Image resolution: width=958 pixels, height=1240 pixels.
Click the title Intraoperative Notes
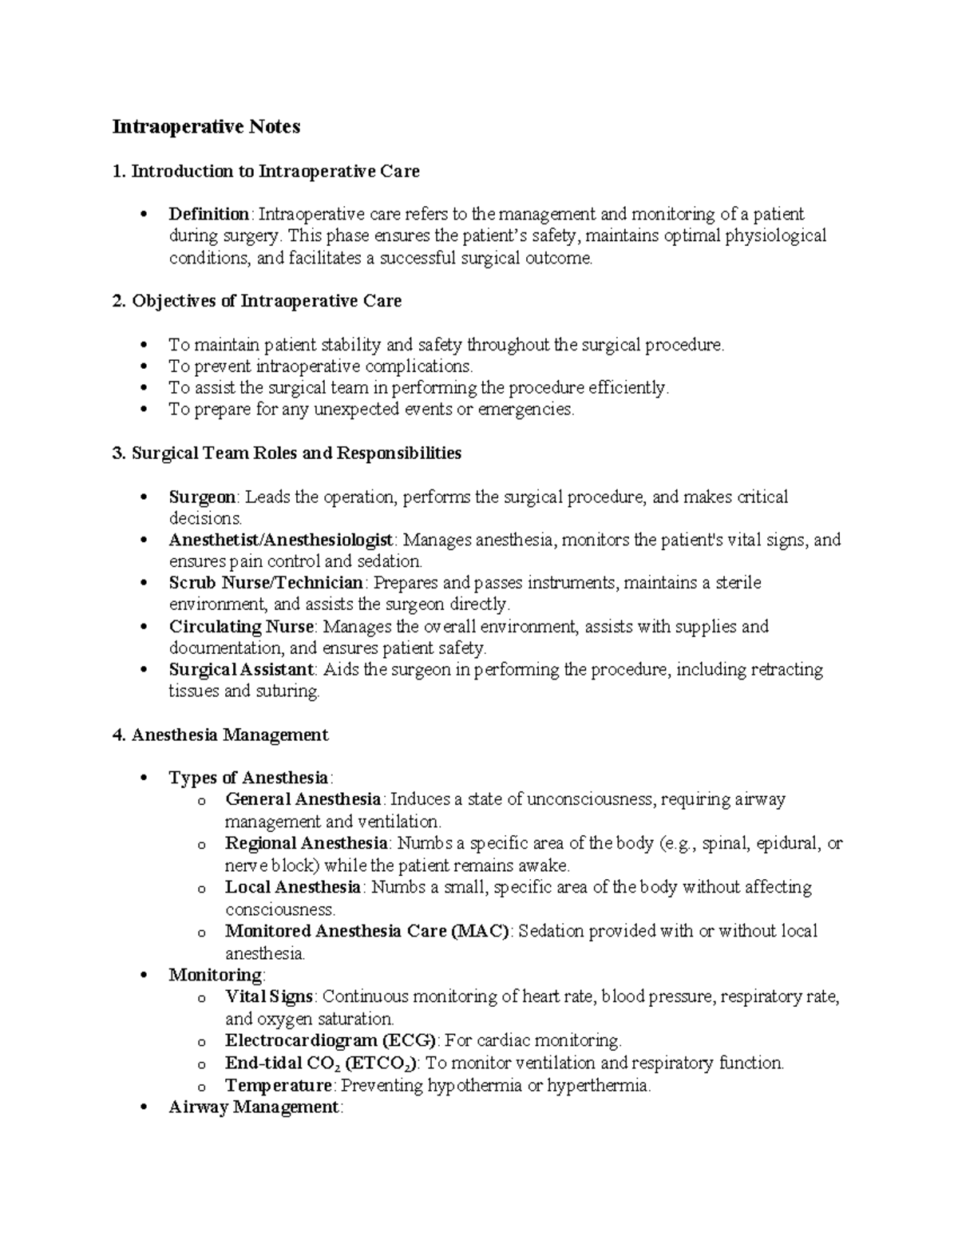point(206,127)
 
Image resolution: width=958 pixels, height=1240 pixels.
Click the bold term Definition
point(208,214)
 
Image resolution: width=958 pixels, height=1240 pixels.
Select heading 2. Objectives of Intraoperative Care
point(257,301)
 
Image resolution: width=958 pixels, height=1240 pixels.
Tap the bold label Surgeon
point(202,497)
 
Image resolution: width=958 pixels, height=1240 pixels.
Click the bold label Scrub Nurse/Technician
point(266,583)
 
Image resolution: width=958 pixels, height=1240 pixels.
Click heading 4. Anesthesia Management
point(220,735)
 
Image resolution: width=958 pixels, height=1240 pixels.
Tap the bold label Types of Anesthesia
point(248,778)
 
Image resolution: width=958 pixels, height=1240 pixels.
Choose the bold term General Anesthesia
point(303,799)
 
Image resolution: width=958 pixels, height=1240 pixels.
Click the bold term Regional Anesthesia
point(306,843)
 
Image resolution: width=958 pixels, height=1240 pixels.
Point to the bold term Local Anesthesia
point(293,887)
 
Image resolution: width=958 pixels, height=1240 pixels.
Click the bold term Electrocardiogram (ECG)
point(331,1040)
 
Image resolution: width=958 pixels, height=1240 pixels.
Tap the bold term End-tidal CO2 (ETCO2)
point(321,1063)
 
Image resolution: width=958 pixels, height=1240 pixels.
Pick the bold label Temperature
point(278,1085)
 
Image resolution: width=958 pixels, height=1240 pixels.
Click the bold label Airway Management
point(254,1107)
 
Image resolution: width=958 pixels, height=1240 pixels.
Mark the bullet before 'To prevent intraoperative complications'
point(144,366)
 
